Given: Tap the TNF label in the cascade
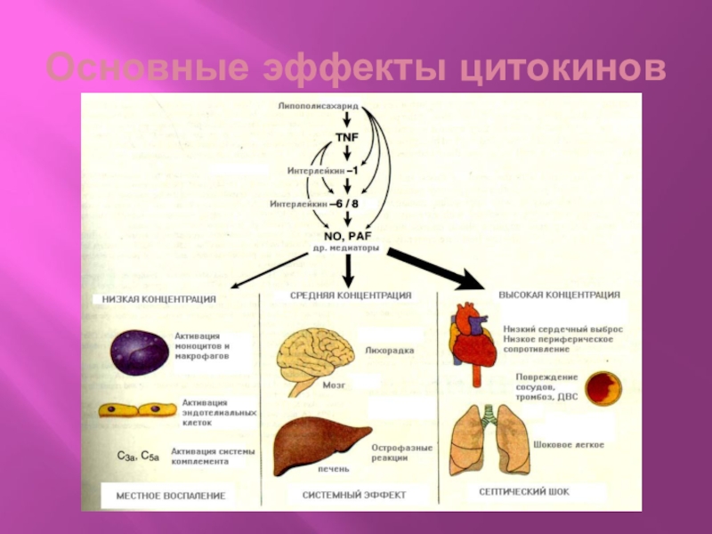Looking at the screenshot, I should click(346, 136).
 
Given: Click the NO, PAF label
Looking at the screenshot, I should click(345, 234).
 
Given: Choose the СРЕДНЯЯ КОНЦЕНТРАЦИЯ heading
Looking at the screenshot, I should click(351, 295).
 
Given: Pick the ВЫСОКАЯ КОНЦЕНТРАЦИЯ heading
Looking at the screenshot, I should click(559, 294).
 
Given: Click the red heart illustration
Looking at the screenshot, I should click(473, 343).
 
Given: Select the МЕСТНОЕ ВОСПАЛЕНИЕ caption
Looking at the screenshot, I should click(164, 496).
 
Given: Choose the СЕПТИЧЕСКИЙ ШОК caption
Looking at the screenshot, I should click(523, 491).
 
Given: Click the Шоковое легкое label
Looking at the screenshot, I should click(568, 444).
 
